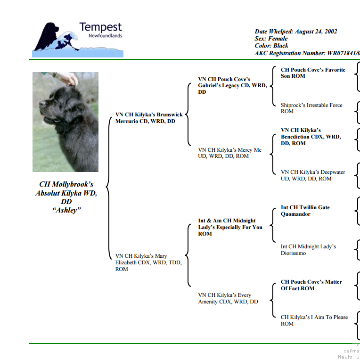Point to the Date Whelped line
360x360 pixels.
[296, 32]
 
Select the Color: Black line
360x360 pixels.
[271, 46]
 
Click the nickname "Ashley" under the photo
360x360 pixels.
[66, 210]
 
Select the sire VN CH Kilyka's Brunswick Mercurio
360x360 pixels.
[148, 118]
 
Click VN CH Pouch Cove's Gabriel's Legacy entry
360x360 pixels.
[231, 85]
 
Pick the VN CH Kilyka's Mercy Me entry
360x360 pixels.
[229, 153]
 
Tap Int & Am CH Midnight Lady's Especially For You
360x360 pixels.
[230, 227]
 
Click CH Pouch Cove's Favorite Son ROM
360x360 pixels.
[313, 73]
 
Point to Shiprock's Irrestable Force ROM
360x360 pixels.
[311, 108]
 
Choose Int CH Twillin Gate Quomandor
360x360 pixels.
[305, 211]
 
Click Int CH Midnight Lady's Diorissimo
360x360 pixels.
[308, 250]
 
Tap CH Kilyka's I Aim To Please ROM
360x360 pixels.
[314, 320]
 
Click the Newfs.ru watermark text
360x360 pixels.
[348, 357]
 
